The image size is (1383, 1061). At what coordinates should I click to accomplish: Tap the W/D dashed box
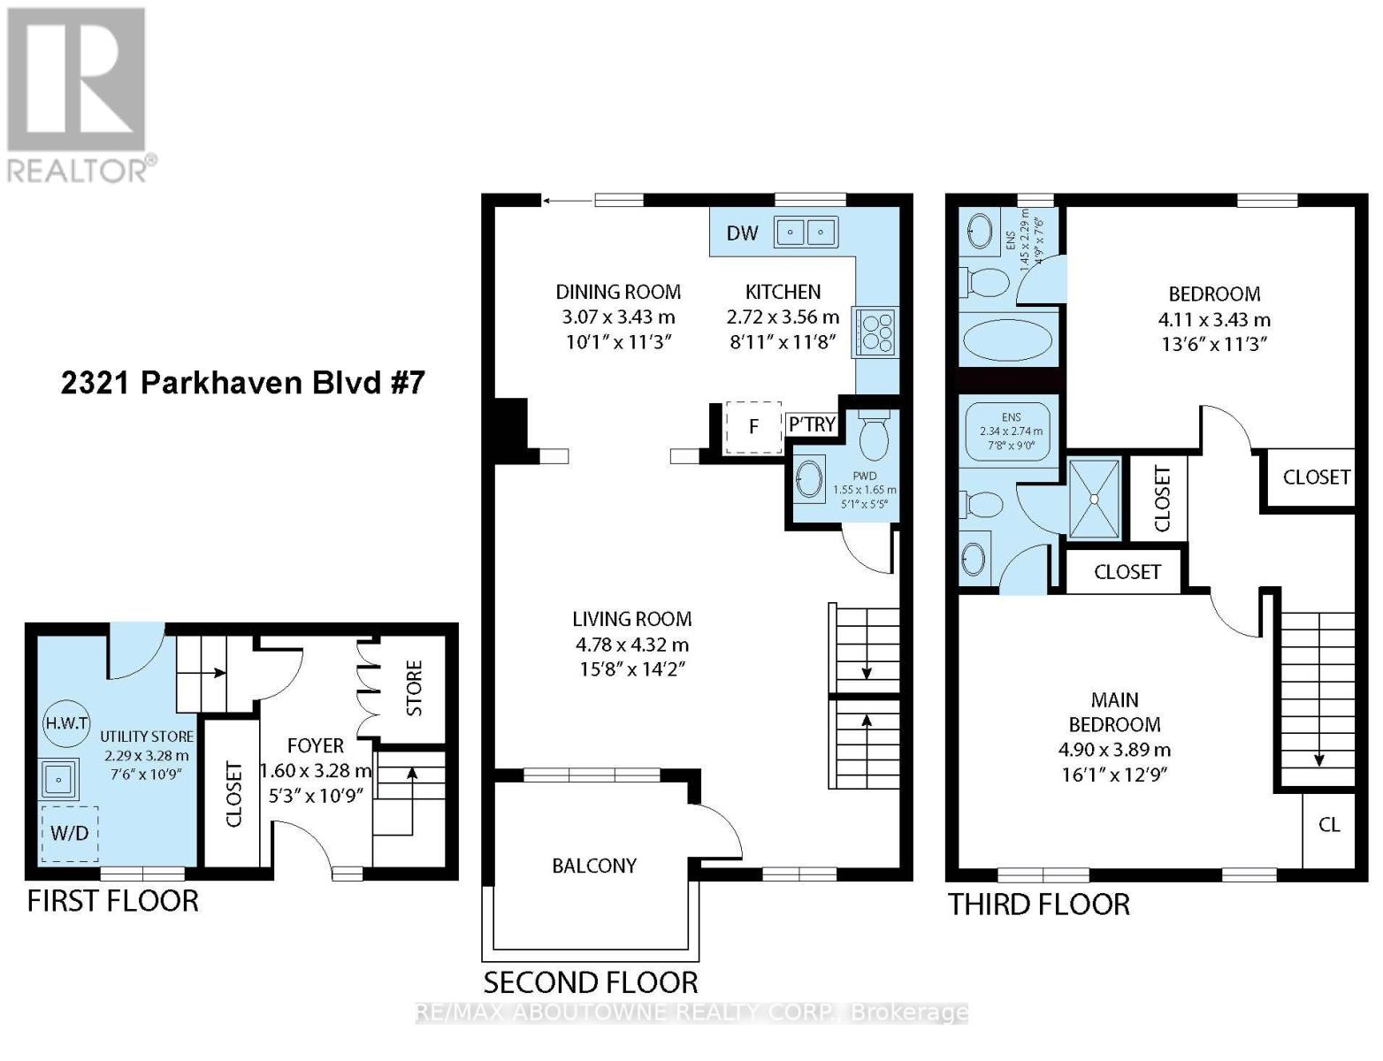click(x=69, y=833)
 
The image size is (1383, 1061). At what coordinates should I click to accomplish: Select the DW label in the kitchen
click(x=742, y=233)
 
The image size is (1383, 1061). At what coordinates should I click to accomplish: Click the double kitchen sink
click(x=806, y=233)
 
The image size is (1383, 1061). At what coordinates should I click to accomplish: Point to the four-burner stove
click(x=875, y=332)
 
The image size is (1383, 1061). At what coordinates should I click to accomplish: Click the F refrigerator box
click(x=753, y=427)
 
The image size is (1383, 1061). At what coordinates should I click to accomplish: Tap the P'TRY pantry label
click(x=812, y=424)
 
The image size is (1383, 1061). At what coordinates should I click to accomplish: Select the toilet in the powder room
click(x=874, y=436)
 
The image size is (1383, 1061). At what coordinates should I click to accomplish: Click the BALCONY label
click(x=594, y=866)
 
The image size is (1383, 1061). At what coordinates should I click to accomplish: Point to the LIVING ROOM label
click(x=631, y=619)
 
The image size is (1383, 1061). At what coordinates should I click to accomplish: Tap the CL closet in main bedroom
click(x=1329, y=825)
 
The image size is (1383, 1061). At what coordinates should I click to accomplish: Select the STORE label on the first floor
click(x=414, y=688)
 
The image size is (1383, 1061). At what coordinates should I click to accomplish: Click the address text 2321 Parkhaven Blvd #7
click(x=242, y=383)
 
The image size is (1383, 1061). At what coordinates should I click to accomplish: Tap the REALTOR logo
click(x=78, y=93)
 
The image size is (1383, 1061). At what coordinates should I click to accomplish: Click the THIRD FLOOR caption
click(x=1039, y=905)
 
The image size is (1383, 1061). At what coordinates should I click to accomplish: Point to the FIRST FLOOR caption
click(x=112, y=901)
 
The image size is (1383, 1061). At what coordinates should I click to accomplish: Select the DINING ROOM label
click(x=618, y=292)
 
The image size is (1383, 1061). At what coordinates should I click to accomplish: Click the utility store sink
click(x=59, y=779)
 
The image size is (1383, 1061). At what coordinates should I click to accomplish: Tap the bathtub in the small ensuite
click(x=1008, y=339)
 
